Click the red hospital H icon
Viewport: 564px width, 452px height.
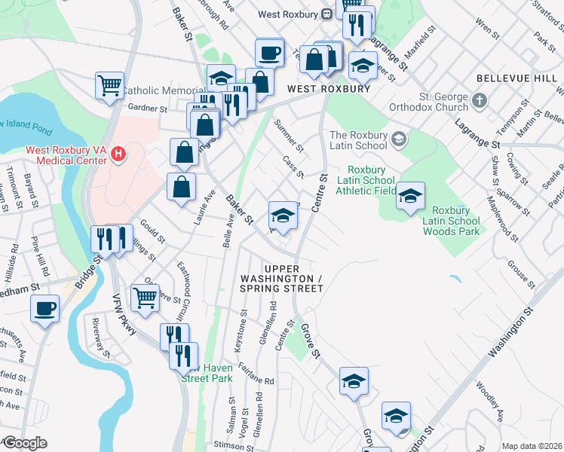(117, 155)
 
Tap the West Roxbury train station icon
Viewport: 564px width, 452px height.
(327, 14)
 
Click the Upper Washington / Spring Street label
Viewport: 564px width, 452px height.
(293, 278)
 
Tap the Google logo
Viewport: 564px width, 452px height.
(24, 443)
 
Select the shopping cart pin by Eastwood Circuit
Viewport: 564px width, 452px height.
(145, 298)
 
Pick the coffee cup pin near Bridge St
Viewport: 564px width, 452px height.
(44, 309)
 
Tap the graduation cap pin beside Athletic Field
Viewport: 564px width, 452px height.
(410, 197)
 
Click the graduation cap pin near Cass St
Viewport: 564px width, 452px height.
(283, 215)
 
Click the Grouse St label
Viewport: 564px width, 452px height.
(521, 275)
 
